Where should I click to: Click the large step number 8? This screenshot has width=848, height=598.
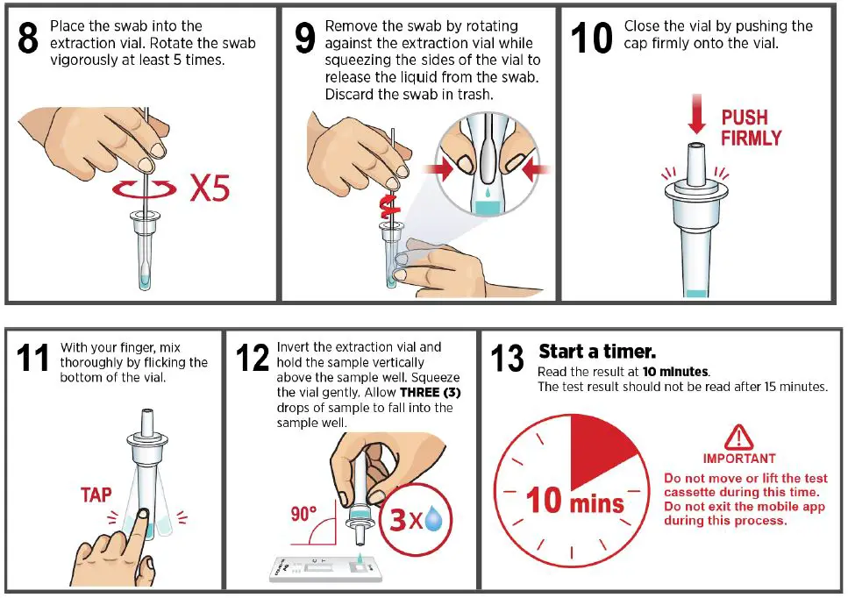point(28,38)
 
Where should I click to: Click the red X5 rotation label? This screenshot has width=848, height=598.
point(210,189)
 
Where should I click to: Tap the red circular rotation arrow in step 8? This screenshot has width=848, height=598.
point(144,189)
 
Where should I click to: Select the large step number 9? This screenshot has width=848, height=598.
point(305,38)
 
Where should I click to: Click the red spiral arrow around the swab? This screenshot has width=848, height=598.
point(391,206)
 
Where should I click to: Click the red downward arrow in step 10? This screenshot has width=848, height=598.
point(696,113)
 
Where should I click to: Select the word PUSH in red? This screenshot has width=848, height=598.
point(745,117)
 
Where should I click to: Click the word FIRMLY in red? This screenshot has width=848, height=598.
point(752,138)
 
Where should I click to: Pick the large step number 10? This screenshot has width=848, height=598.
point(592,38)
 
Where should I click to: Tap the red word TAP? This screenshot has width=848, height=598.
point(96,495)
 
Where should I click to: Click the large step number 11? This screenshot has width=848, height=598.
point(32,358)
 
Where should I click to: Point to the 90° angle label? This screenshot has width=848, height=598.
point(303,514)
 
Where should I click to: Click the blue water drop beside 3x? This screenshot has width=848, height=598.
point(434,518)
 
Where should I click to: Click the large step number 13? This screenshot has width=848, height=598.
point(507,358)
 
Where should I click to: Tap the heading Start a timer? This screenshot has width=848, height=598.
point(597,352)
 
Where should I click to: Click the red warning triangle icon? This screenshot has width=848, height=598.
point(738,438)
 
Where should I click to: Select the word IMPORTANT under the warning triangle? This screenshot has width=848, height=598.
point(739,459)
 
